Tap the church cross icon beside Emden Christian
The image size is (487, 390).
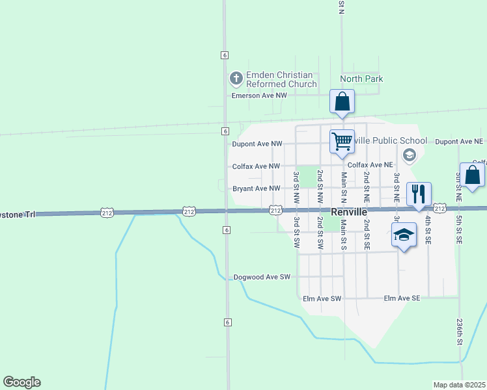[x=236, y=79]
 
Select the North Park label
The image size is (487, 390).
[x=361, y=79]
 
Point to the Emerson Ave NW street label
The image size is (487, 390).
[x=259, y=96]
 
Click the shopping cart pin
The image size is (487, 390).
[x=342, y=141]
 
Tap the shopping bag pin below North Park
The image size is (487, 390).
[x=342, y=103]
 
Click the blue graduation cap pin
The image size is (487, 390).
[x=404, y=235]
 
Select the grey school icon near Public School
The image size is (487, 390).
[x=409, y=154]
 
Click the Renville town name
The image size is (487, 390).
[x=350, y=213]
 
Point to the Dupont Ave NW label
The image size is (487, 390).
[x=257, y=144]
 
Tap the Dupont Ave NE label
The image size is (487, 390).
[x=459, y=141]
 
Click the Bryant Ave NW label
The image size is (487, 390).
[x=257, y=189]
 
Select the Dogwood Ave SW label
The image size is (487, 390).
[x=261, y=277]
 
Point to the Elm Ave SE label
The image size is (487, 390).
[x=402, y=298]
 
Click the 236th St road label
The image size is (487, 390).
[x=459, y=331]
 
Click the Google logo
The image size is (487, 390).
[x=21, y=382]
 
